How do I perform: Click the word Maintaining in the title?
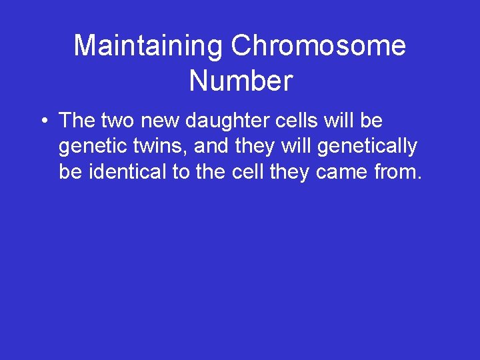click(x=149, y=46)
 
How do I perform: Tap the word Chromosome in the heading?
click(x=318, y=46)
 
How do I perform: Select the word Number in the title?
click(x=241, y=81)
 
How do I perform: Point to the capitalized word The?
click(x=77, y=121)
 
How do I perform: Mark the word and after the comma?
click(x=213, y=147)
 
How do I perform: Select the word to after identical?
click(x=181, y=172)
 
